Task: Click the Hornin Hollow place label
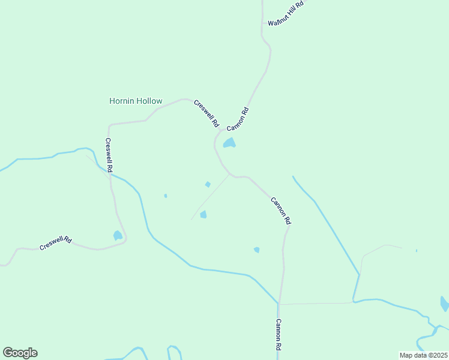pyautogui.click(x=136, y=101)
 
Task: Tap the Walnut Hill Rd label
pyautogui.click(x=286, y=13)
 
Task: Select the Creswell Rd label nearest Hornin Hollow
pyautogui.click(x=206, y=113)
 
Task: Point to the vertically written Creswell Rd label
pyautogui.click(x=109, y=156)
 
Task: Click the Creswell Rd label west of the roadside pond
pyautogui.click(x=56, y=243)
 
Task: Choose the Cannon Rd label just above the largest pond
pyautogui.click(x=238, y=118)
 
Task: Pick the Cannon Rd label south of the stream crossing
pyautogui.click(x=279, y=334)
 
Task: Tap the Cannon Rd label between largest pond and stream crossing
pyautogui.click(x=280, y=211)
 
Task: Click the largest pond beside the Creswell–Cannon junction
pyautogui.click(x=229, y=143)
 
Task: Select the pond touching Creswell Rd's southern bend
pyautogui.click(x=118, y=236)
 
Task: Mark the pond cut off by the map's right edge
pyautogui.click(x=445, y=304)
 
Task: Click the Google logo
pyautogui.click(x=20, y=352)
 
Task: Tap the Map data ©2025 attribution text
pyautogui.click(x=423, y=355)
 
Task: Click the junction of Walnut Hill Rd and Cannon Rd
pyautogui.click(x=263, y=23)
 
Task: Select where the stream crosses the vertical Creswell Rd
pyautogui.click(x=110, y=175)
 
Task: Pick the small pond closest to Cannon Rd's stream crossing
pyautogui.click(x=257, y=250)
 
